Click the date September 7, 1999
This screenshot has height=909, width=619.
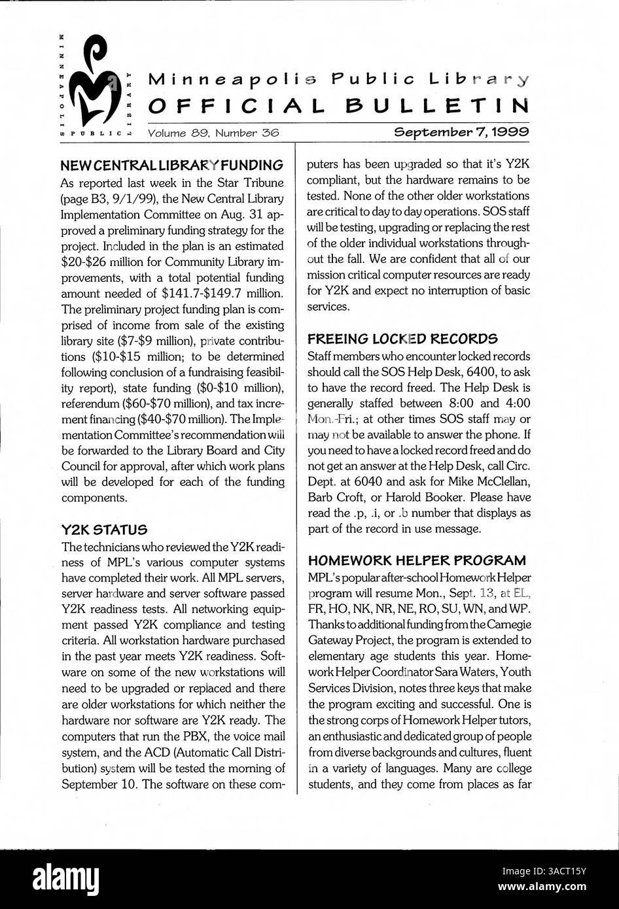[x=461, y=132]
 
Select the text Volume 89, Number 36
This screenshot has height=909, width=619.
[x=213, y=132]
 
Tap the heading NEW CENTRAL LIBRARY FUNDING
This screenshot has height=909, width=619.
[x=172, y=164]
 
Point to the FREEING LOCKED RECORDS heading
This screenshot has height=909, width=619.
[x=402, y=339]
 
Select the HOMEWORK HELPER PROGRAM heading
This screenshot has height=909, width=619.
[x=417, y=560]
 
